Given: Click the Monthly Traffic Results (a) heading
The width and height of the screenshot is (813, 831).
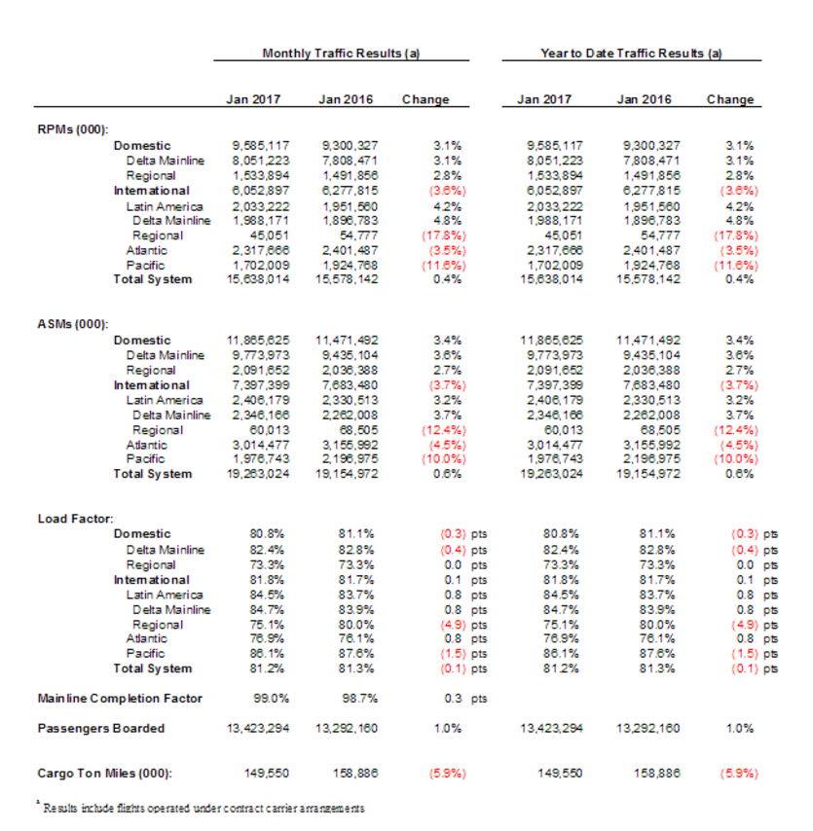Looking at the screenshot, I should pos(341,54).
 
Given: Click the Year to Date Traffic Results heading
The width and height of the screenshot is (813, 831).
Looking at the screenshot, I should pos(631,54).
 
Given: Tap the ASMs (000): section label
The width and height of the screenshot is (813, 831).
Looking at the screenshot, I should pos(73,324).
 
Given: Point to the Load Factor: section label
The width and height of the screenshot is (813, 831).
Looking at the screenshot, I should pos(75,519).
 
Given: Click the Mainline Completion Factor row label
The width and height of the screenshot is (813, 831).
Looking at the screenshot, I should pos(120,699).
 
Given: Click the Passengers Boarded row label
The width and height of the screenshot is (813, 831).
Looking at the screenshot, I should pos(100,728).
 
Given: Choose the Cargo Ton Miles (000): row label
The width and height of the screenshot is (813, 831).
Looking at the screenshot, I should pos(104,774).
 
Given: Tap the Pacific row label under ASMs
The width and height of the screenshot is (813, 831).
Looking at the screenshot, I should pos(145,459).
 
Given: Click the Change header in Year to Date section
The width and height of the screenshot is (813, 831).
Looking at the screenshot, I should pos(729,99).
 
